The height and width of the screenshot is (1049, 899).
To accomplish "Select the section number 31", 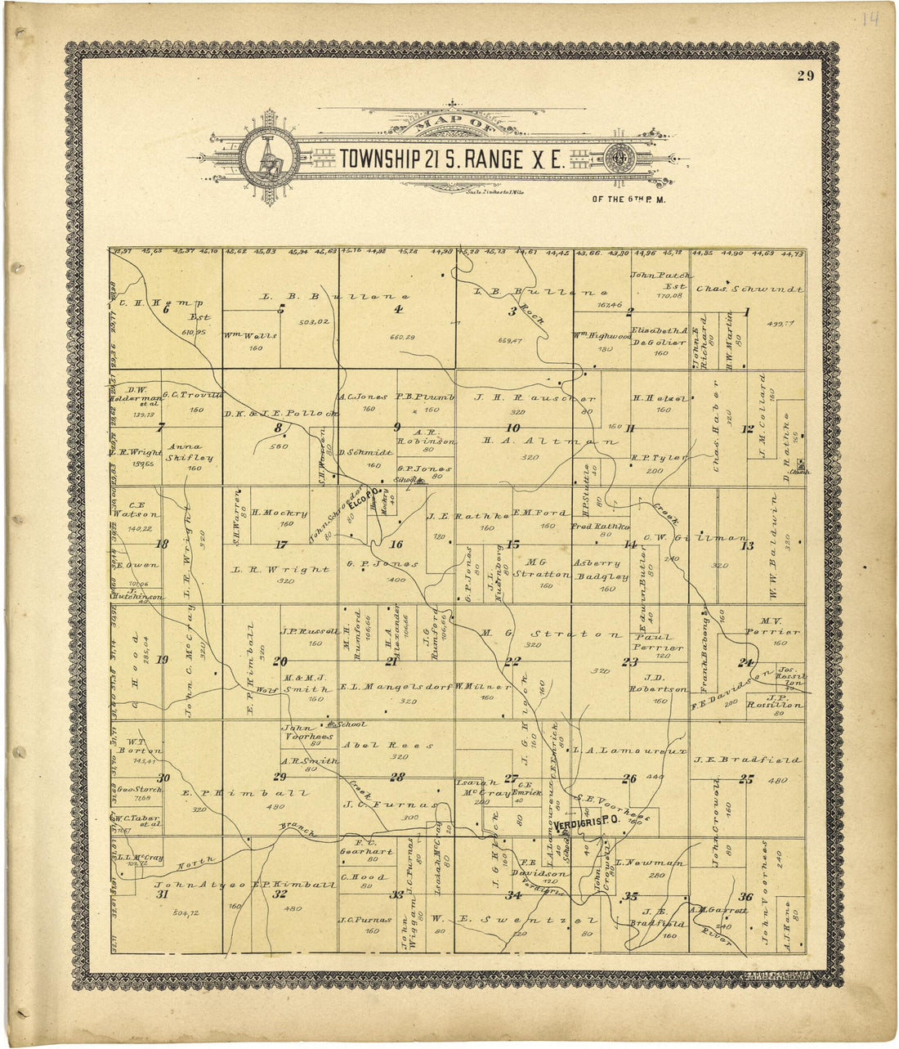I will pyautogui.click(x=162, y=894).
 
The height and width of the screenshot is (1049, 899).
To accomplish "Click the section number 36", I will pyautogui.click(x=745, y=896).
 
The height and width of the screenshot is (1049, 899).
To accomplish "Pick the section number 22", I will pyautogui.click(x=512, y=661).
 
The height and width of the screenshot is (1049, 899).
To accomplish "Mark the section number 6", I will pyautogui.click(x=164, y=308).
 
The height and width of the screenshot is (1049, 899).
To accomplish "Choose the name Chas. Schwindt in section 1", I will pyautogui.click(x=749, y=289).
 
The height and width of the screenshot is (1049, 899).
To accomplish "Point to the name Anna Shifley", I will pyautogui.click(x=190, y=452).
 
